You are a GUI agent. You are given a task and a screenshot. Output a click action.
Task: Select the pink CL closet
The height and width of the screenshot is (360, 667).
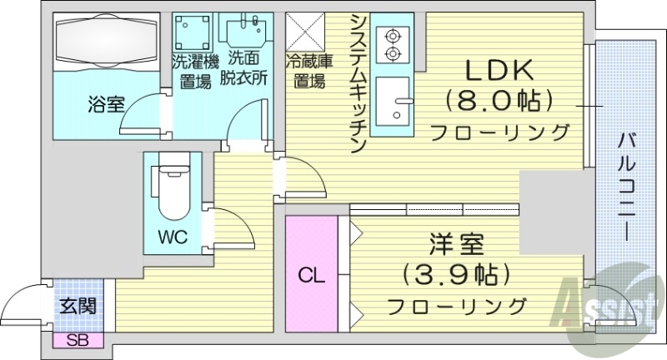pos(310,274)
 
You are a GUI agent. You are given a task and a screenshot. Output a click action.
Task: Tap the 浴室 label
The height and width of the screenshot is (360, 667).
pos(106,105)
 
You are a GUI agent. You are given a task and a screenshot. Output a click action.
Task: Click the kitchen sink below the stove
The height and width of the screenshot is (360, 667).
pos(394,106)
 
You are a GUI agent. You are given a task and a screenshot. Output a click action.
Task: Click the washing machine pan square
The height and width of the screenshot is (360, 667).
pos(195,32)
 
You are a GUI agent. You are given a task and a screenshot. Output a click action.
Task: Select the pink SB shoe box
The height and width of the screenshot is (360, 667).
pos(78,339)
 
